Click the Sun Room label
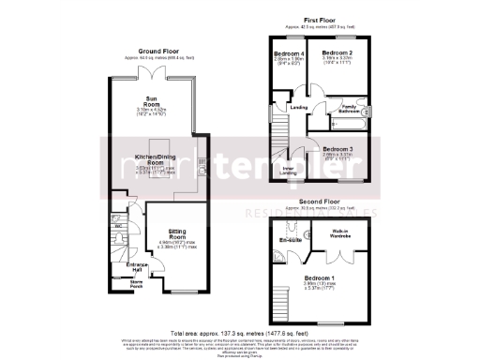pos(150,100)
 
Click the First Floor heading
pos(319,19)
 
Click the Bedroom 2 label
pos(336,52)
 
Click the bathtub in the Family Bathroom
pos(349,122)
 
